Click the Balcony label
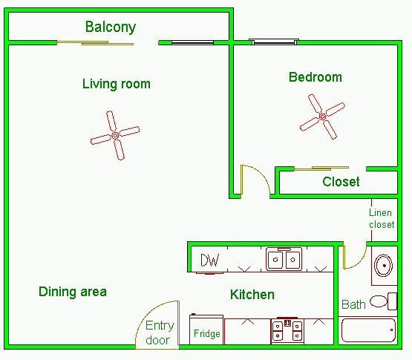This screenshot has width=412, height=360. coord(111,27)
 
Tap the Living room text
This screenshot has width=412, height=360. coord(117,84)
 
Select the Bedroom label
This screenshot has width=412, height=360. coord(315,77)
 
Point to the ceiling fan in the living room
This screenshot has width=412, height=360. coord(115,135)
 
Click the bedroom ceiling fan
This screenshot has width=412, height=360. coord(322,117)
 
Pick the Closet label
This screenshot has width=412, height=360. coord(341,182)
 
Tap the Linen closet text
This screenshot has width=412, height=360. coord(382,219)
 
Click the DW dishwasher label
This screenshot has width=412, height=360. coord(209,261)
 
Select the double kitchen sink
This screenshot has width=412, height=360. coord(284,259)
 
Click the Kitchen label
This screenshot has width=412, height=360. coord(252,295)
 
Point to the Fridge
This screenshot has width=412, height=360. coord(206,330)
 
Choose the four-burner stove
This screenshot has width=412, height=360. coord(287,331)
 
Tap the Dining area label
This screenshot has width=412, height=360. coord(73,292)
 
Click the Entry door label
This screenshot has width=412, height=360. coord(159,333)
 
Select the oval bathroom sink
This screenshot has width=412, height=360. coord(384,266)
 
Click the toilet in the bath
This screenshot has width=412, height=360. coord(383,301)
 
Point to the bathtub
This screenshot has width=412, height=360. coord(368,330)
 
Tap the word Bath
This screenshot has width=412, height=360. coord(353,305)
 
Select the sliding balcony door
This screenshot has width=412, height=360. coord(95,43)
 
